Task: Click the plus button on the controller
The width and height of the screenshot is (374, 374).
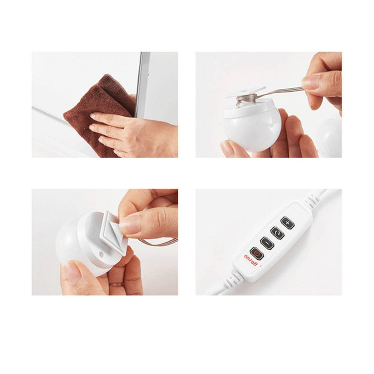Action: pyautogui.click(x=288, y=223)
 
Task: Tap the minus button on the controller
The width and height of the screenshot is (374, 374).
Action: pyautogui.click(x=267, y=243)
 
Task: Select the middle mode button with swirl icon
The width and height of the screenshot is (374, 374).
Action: pyautogui.click(x=277, y=233)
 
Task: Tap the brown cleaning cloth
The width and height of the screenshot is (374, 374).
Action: pyautogui.click(x=95, y=112)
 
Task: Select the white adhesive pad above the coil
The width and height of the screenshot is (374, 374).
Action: pyautogui.click(x=246, y=92)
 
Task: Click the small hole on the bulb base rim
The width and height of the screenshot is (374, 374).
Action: pyautogui.click(x=101, y=254)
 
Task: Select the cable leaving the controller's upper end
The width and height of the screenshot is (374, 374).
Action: pyautogui.click(x=317, y=196)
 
